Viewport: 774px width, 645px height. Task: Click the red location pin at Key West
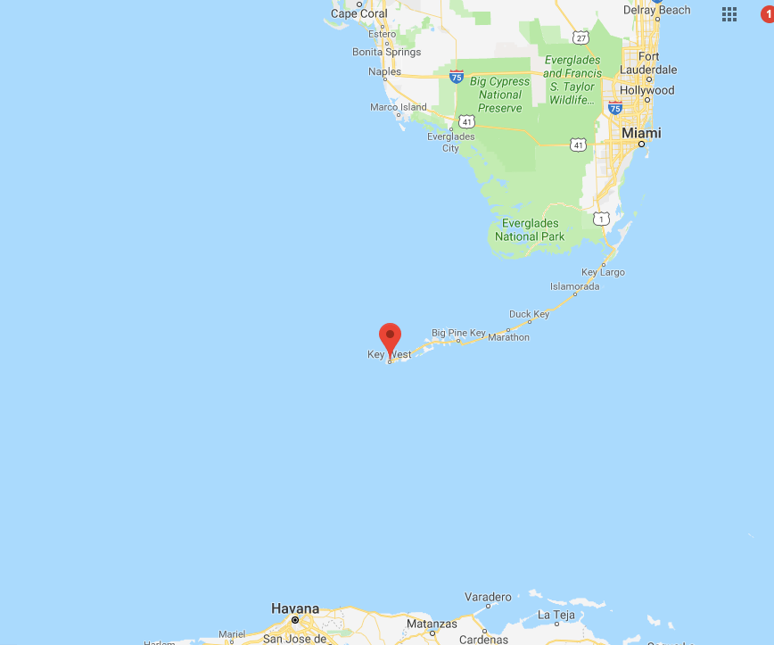coord(390,337)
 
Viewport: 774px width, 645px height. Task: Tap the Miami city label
coord(641,133)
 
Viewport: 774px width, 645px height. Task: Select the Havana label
coord(295,608)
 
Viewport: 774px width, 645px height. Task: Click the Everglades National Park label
coord(530,230)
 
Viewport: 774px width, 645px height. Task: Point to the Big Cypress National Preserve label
coord(500,95)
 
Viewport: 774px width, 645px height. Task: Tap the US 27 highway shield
coord(581,37)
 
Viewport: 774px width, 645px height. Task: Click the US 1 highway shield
coord(602,219)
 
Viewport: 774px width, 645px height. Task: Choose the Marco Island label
coord(399,107)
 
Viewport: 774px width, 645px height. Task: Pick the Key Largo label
coord(603,272)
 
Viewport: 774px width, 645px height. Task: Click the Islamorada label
coord(574,286)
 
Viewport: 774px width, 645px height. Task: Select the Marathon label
coord(507,337)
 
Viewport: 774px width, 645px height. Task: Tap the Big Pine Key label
coord(458,333)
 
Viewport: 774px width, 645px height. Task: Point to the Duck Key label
coord(529,314)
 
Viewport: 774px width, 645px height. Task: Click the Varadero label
coord(488,597)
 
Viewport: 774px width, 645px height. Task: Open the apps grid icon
coord(729,13)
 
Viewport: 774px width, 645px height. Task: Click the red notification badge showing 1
coord(767,13)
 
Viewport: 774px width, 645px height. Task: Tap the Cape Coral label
coord(358,13)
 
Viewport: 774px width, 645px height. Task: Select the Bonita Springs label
coord(386,52)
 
